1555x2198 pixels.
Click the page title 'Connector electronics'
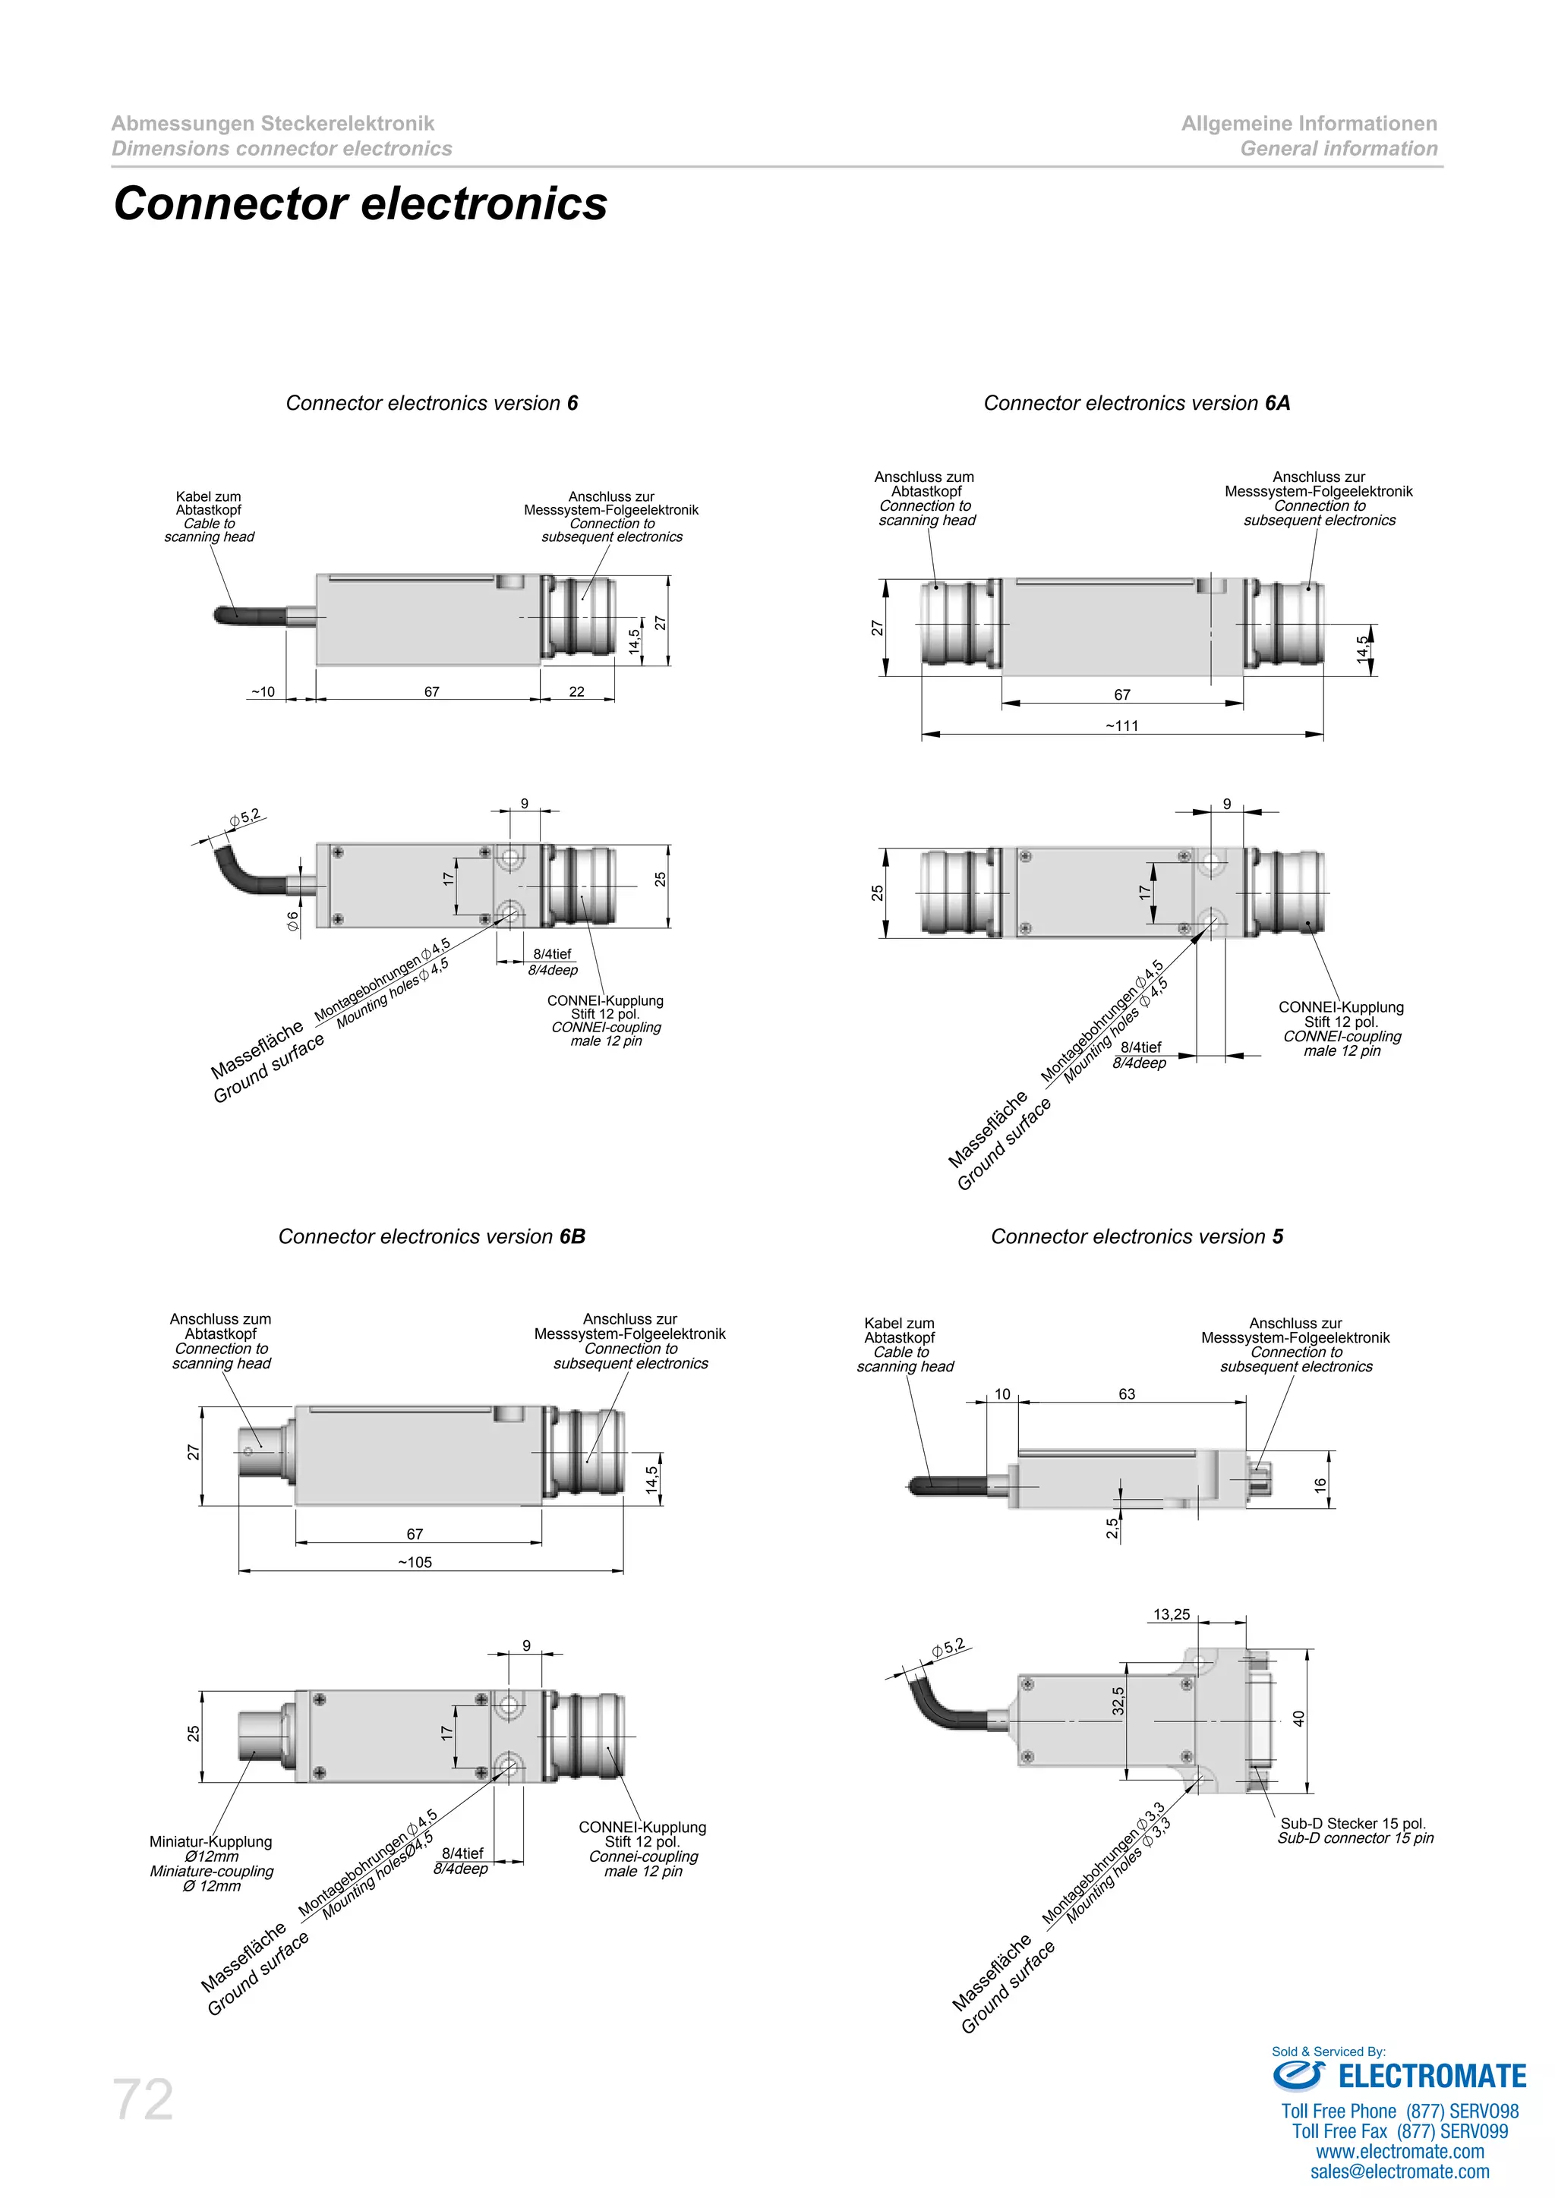[360, 204]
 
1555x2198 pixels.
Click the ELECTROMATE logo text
[1431, 2077]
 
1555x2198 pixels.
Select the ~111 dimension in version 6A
[1121, 726]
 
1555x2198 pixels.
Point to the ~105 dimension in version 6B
[415, 1562]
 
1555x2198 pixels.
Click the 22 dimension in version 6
[576, 691]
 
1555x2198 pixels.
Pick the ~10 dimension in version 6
[263, 691]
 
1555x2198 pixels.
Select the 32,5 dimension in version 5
[1118, 1700]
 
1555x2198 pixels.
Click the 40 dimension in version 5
[1299, 1718]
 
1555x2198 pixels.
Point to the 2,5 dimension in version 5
[1112, 1529]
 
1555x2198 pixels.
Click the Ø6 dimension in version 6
[293, 920]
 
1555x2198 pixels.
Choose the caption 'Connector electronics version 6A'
[1137, 403]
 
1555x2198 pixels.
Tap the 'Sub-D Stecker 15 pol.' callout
[1352, 1824]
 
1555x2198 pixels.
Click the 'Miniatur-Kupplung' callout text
[210, 1842]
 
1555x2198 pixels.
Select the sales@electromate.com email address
[1400, 2172]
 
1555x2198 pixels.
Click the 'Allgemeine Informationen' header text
[1309, 124]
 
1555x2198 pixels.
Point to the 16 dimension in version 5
[1320, 1485]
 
